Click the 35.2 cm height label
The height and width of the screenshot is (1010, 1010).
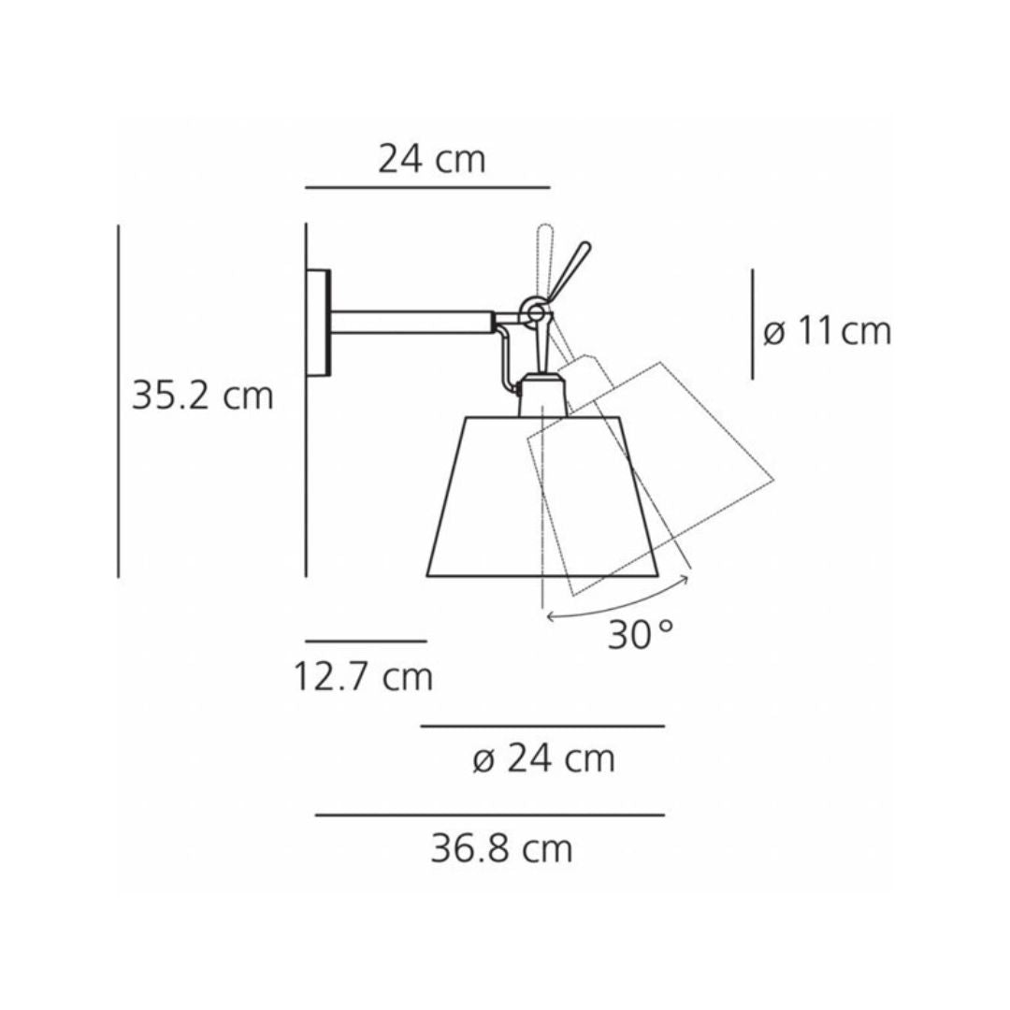click(202, 396)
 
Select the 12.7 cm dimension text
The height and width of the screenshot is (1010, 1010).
click(364, 676)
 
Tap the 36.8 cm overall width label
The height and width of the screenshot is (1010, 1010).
click(501, 849)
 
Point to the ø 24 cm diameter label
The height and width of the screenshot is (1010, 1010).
click(543, 759)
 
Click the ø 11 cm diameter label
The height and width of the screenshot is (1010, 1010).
click(827, 331)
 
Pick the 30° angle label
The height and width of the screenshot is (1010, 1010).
click(640, 636)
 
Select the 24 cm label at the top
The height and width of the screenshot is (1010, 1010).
click(432, 159)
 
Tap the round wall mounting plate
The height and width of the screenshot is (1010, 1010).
click(320, 324)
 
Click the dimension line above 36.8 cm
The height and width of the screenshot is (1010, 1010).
click(490, 815)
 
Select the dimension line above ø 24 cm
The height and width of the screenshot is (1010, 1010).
click(542, 726)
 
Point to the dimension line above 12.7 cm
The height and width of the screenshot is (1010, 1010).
click(366, 642)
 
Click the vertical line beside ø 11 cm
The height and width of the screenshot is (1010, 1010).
click(753, 325)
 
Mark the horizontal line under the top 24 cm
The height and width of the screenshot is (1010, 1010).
click(427, 188)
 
